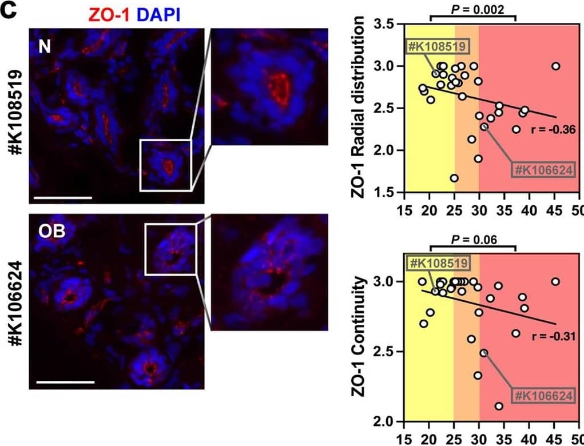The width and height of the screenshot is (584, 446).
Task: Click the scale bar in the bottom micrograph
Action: tap(65, 381)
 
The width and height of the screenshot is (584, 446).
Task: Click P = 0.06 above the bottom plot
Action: tap(472, 237)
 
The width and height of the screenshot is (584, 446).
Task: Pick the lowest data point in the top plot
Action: tap(454, 178)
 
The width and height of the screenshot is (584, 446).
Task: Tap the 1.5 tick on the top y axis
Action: tap(392, 192)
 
